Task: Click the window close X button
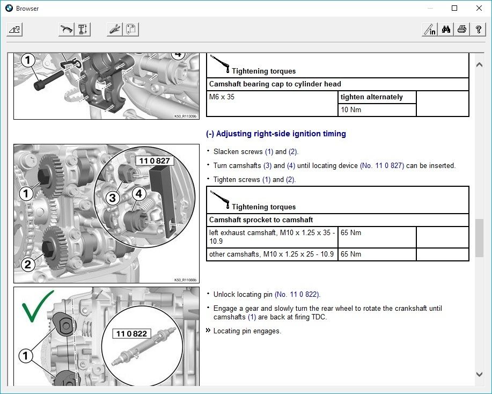pyautogui.click(x=479, y=8)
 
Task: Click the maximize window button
pyautogui.click(x=454, y=8)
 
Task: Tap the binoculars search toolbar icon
pyautogui.click(x=446, y=30)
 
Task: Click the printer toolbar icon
pyautogui.click(x=462, y=30)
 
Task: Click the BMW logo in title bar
pyautogui.click(x=9, y=8)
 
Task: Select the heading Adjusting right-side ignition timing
pyautogui.click(x=276, y=134)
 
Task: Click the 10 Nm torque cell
pyautogui.click(x=351, y=110)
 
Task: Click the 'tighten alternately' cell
pyautogui.click(x=371, y=97)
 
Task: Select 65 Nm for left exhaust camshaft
pyautogui.click(x=351, y=234)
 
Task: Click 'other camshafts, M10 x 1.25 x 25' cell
pyautogui.click(x=271, y=254)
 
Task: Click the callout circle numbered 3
pyautogui.click(x=112, y=198)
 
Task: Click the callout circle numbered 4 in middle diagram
pyautogui.click(x=139, y=194)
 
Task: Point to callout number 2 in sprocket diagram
pyautogui.click(x=27, y=264)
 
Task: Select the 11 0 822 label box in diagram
pyautogui.click(x=131, y=334)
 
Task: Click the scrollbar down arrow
pyautogui.click(x=479, y=374)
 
